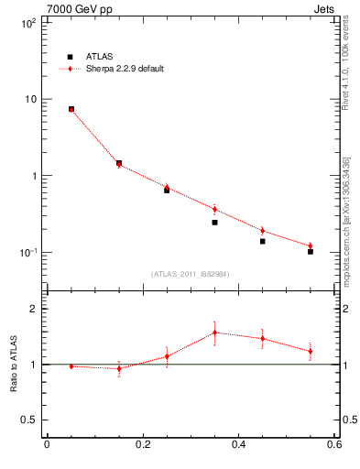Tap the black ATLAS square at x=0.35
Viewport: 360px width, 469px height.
point(214,223)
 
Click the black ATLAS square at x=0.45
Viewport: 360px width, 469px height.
point(262,241)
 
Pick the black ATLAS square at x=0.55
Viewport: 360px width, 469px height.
point(311,251)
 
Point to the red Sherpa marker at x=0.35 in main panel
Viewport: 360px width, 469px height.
point(214,209)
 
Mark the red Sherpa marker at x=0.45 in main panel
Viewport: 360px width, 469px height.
point(262,231)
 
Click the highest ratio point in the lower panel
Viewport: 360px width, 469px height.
point(214,333)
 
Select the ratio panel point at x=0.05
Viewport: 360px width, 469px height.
point(71,366)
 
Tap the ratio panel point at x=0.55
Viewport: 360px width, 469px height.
point(311,351)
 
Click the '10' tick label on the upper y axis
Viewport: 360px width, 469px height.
point(29,99)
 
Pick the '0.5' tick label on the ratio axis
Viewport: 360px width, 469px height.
point(27,420)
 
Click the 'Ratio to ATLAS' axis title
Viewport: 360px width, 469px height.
point(13,364)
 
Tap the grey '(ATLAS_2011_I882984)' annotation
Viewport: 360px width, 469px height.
point(191,274)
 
